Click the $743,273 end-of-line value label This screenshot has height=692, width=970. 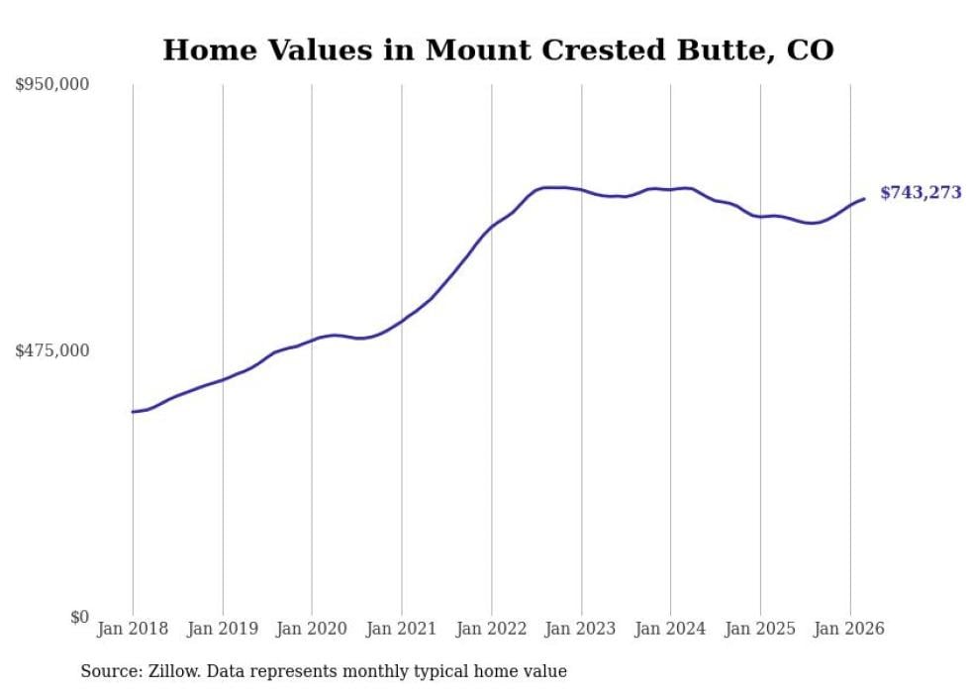pyautogui.click(x=920, y=193)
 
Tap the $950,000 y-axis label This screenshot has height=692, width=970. pyautogui.click(x=52, y=85)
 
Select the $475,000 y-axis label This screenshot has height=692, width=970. pyautogui.click(x=52, y=350)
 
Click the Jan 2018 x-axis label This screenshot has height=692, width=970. pyautogui.click(x=133, y=629)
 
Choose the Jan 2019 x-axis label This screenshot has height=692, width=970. pyautogui.click(x=223, y=629)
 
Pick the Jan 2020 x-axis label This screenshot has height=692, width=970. pyautogui.click(x=312, y=629)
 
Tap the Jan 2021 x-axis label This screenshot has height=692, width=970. pyautogui.click(x=402, y=629)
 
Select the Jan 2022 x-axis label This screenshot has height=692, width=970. pyautogui.click(x=491, y=629)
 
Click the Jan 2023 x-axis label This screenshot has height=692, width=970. pyautogui.click(x=581, y=629)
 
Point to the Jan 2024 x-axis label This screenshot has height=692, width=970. pyautogui.click(x=670, y=629)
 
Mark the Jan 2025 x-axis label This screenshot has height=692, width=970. pyautogui.click(x=760, y=629)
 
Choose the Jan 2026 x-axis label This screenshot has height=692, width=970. pyautogui.click(x=850, y=629)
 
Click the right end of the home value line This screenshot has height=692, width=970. pyautogui.click(x=864, y=199)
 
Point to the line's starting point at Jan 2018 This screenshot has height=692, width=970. pyautogui.click(x=133, y=412)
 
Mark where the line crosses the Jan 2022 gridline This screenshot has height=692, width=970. pyautogui.click(x=491, y=227)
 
